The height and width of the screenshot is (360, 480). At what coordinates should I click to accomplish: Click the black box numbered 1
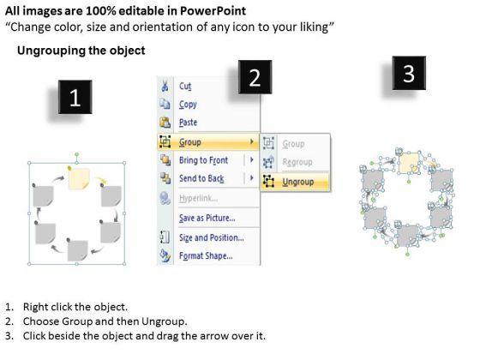pos(75,97)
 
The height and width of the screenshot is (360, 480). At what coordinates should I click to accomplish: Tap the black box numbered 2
pos(255,77)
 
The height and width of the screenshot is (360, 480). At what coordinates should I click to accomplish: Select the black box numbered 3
pos(409,73)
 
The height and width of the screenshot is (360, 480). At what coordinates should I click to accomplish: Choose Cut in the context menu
pos(185,87)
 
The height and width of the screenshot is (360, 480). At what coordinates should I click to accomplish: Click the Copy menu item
pos(188,105)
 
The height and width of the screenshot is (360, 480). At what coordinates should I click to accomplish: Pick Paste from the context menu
pos(188,123)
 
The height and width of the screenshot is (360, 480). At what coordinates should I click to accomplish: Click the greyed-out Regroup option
pos(297,162)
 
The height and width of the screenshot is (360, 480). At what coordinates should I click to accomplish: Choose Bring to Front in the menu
pos(204,160)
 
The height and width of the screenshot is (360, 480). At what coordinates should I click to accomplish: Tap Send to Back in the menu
pos(201,178)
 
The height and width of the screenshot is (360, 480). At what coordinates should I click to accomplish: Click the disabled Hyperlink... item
pos(198,199)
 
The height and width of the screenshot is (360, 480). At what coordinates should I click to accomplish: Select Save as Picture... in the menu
pos(207,218)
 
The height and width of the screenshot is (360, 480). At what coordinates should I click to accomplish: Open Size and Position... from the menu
pos(212,238)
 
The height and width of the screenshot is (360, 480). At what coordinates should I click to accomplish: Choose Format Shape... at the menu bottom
pos(206,255)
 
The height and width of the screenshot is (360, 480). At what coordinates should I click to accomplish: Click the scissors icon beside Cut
pos(165,86)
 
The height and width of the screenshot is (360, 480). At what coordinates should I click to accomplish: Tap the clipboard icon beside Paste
pos(165,123)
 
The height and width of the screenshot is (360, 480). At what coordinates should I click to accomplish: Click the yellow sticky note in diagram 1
pos(79,178)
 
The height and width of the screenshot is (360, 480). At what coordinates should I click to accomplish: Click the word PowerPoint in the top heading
pos(213,11)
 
